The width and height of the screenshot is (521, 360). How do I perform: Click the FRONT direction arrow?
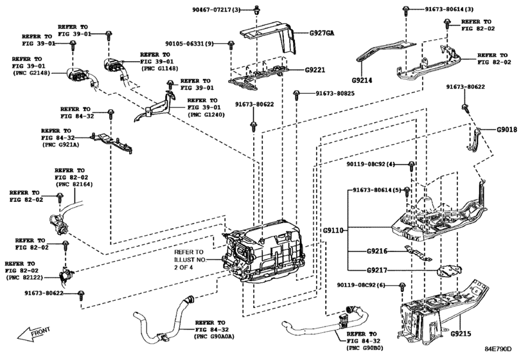(34, 334)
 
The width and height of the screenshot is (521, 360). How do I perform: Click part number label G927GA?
(322, 33)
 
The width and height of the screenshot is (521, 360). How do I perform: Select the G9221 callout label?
(315, 70)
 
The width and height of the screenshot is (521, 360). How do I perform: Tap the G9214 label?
(362, 80)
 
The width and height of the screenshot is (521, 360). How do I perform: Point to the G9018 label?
(507, 130)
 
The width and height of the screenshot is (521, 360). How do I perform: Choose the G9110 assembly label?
(333, 230)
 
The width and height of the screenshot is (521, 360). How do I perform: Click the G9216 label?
(377, 251)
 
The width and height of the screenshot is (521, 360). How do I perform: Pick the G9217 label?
(377, 270)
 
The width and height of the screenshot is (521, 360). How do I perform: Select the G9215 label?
(461, 334)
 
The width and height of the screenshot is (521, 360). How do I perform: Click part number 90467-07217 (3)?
(216, 10)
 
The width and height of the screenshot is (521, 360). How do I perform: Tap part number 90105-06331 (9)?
(190, 44)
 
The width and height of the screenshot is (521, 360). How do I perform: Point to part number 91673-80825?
(335, 93)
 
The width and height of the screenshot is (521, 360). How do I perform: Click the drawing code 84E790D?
(498, 348)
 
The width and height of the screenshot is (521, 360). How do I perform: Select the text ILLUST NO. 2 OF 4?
(190, 264)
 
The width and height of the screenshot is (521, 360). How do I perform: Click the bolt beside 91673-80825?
(296, 95)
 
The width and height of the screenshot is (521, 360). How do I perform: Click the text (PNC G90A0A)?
(215, 337)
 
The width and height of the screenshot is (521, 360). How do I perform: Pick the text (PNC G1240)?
(206, 114)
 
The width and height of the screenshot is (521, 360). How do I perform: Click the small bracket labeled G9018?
(475, 139)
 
